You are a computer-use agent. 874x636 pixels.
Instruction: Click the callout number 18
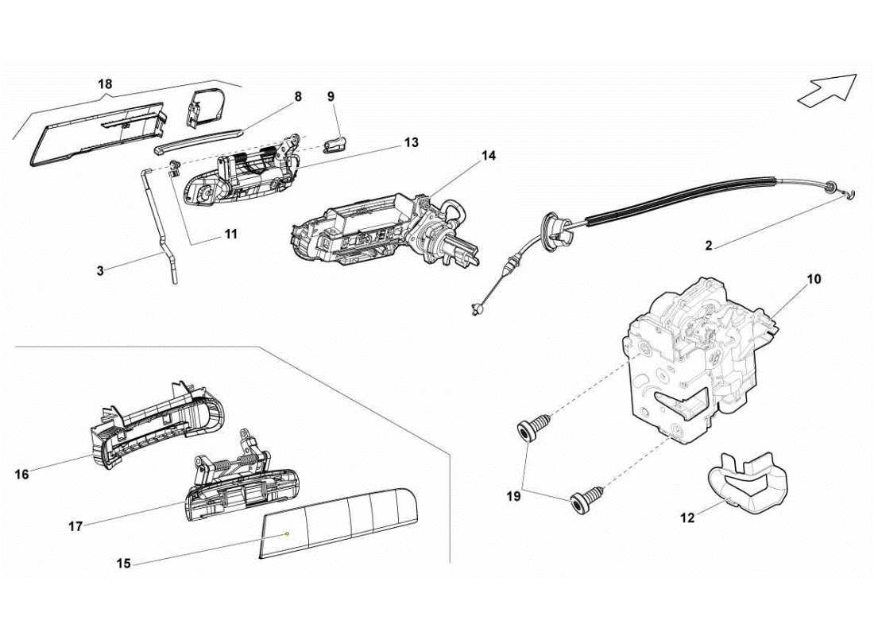pyautogui.click(x=105, y=83)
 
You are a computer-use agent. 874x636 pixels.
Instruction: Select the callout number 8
pyautogui.click(x=298, y=96)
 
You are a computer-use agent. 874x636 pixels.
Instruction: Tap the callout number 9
pyautogui.click(x=331, y=96)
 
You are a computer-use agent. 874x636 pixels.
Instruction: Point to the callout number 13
pyautogui.click(x=411, y=143)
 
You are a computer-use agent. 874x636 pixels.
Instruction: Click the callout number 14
pyautogui.click(x=488, y=156)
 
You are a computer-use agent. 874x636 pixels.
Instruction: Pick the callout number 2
pyautogui.click(x=709, y=246)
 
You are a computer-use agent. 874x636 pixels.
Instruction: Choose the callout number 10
pyautogui.click(x=814, y=280)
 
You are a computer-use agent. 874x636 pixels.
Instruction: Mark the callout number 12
pyautogui.click(x=687, y=518)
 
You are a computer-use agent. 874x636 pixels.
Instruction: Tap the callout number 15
pyautogui.click(x=123, y=564)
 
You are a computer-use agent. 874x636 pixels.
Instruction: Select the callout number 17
pyautogui.click(x=75, y=525)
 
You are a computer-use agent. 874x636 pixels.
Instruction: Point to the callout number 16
pyautogui.click(x=21, y=474)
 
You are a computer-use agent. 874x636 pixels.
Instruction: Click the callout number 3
pyautogui.click(x=100, y=270)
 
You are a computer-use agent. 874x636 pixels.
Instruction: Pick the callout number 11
pyautogui.click(x=230, y=235)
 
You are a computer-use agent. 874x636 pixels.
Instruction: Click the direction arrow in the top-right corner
pyautogui.click(x=827, y=90)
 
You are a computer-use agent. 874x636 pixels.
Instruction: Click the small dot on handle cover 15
pyautogui.click(x=287, y=534)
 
